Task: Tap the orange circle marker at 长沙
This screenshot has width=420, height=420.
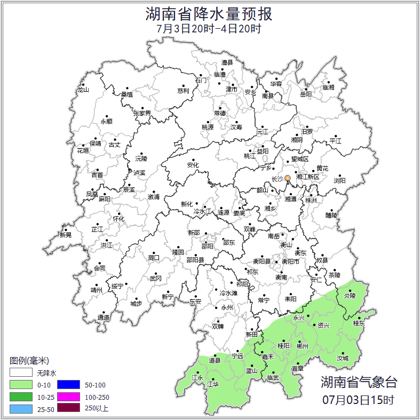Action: point(288,178)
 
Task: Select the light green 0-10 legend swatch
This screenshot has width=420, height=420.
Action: point(21,384)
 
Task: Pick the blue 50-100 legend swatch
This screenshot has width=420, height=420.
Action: point(68,384)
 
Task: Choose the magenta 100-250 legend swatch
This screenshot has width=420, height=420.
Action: point(68,397)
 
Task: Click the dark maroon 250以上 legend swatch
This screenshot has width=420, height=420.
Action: point(68,409)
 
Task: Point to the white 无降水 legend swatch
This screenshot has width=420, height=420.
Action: point(21,373)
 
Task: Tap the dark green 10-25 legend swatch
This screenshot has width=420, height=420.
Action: point(21,397)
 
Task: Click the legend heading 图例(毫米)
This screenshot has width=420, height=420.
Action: point(29,361)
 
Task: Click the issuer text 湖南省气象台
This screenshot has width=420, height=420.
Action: point(359,382)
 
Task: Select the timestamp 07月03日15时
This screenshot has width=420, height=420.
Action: point(359,399)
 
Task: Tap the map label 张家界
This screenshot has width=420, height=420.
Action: point(142,113)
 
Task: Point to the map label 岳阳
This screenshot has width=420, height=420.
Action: point(305,94)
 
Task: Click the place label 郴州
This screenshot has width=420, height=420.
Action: point(302,346)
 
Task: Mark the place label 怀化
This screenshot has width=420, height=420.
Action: point(118,219)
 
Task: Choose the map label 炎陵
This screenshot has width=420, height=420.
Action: point(349,295)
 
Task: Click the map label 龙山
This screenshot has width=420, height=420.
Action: point(83,90)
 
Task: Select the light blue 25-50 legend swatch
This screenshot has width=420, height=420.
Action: point(21,409)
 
